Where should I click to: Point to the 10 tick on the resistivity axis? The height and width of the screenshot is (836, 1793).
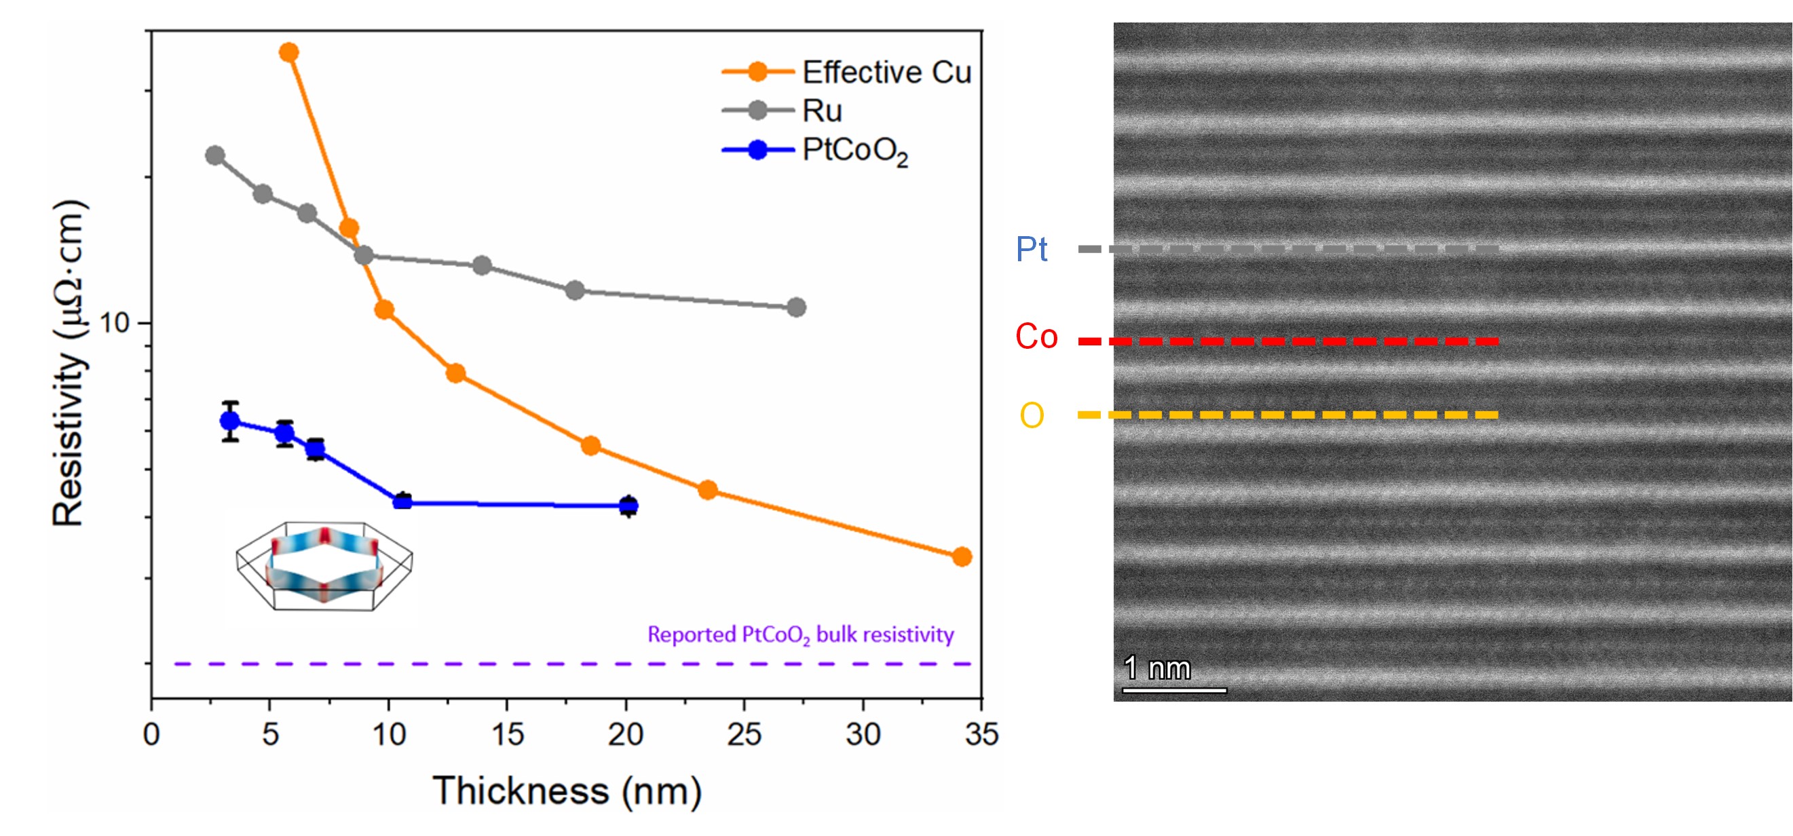click(115, 322)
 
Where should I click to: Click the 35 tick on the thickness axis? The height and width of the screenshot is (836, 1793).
click(981, 734)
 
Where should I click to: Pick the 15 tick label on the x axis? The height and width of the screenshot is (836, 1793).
click(508, 734)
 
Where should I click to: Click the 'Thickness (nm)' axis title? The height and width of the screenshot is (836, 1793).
click(567, 791)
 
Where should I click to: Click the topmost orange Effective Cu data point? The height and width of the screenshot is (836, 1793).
click(289, 52)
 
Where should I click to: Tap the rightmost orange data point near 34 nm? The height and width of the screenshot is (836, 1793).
click(962, 557)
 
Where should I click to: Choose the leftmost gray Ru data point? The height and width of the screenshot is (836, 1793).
click(215, 155)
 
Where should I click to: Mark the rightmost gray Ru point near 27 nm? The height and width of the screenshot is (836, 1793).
click(796, 307)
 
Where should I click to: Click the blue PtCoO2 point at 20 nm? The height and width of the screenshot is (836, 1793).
click(628, 506)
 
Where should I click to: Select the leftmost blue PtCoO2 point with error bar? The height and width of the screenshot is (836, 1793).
click(229, 421)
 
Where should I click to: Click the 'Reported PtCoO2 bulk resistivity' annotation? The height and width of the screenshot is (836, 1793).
click(800, 635)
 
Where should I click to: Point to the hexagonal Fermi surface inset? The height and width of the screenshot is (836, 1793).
click(324, 567)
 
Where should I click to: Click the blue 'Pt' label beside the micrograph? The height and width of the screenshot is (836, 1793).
click(1032, 249)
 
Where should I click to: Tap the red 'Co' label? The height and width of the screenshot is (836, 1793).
click(1036, 337)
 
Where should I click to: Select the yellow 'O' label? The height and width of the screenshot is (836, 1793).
click(1032, 415)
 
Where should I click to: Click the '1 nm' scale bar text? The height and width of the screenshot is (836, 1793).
click(1157, 668)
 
